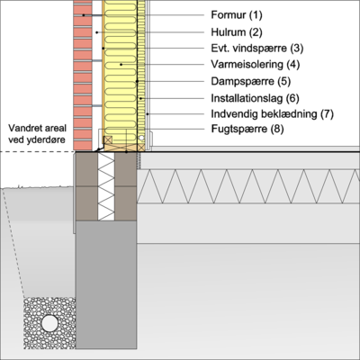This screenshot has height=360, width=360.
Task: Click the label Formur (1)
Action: tap(237, 15)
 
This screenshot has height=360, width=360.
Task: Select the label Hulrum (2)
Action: tap(237, 32)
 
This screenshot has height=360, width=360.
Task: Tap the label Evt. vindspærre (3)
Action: tap(257, 49)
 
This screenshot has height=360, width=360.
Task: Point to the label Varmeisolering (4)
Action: tap(256, 65)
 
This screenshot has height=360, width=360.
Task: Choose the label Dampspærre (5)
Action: tap(251, 81)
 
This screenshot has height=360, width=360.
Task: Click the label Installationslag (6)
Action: tap(255, 98)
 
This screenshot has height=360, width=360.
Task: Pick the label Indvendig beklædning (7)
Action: tap(272, 114)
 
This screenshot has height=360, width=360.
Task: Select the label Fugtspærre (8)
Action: tap(247, 129)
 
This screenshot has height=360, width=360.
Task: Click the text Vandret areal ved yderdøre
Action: tap(37, 134)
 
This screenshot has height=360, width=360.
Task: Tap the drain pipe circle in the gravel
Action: tap(49, 323)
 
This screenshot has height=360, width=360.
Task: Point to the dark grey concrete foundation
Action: tap(106, 285)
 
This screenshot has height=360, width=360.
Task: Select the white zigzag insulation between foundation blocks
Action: tap(106, 186)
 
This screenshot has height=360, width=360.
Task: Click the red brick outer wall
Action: tap(83, 75)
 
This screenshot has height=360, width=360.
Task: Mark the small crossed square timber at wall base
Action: tap(108, 139)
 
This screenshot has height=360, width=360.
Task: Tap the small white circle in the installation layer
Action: tap(141, 138)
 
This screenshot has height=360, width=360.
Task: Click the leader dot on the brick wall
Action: tap(84, 15)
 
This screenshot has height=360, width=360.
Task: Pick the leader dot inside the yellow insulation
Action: tap(121, 65)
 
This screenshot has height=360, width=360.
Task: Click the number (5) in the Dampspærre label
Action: tap(284, 81)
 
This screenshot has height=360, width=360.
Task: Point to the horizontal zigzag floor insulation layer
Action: tap(248, 186)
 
